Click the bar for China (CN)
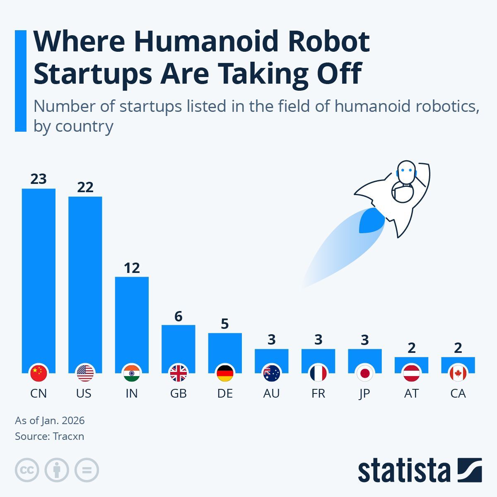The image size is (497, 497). (x=39, y=277)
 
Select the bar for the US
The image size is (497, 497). (x=85, y=282)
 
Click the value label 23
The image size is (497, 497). (x=39, y=179)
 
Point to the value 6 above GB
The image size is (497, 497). (x=179, y=316)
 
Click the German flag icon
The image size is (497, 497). (x=225, y=374)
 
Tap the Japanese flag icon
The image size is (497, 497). (x=365, y=374)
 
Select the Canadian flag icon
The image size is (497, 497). (x=458, y=374)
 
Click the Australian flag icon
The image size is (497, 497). (x=272, y=374)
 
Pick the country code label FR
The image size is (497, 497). (x=318, y=393)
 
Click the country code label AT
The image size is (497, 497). (x=411, y=393)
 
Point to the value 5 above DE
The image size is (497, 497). (x=225, y=324)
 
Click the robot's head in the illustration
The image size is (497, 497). (x=405, y=171)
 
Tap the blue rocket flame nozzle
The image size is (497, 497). (x=371, y=220)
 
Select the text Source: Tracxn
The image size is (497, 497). (x=50, y=436)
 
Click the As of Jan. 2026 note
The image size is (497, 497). (x=50, y=420)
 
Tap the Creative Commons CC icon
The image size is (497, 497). (x=27, y=470)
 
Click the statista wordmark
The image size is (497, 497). (x=404, y=470)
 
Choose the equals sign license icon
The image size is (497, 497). (x=87, y=470)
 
